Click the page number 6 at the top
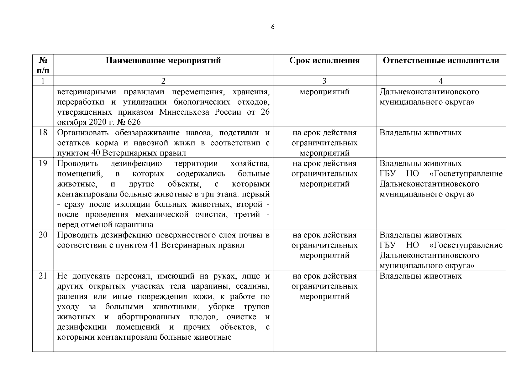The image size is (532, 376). (x=272, y=27)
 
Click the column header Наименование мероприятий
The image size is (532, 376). (x=163, y=60)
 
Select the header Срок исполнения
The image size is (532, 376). (x=324, y=60)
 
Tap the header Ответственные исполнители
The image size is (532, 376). (x=441, y=60)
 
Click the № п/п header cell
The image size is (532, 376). (x=43, y=65)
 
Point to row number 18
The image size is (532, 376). (x=43, y=133)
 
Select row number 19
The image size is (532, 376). (x=43, y=163)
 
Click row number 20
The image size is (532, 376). (x=43, y=235)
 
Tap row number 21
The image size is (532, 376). (x=43, y=276)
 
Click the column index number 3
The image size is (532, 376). (x=324, y=81)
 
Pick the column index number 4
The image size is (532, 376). (x=441, y=81)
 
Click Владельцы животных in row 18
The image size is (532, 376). (x=420, y=133)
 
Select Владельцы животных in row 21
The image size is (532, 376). (x=420, y=276)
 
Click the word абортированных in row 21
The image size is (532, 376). (x=149, y=317)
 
